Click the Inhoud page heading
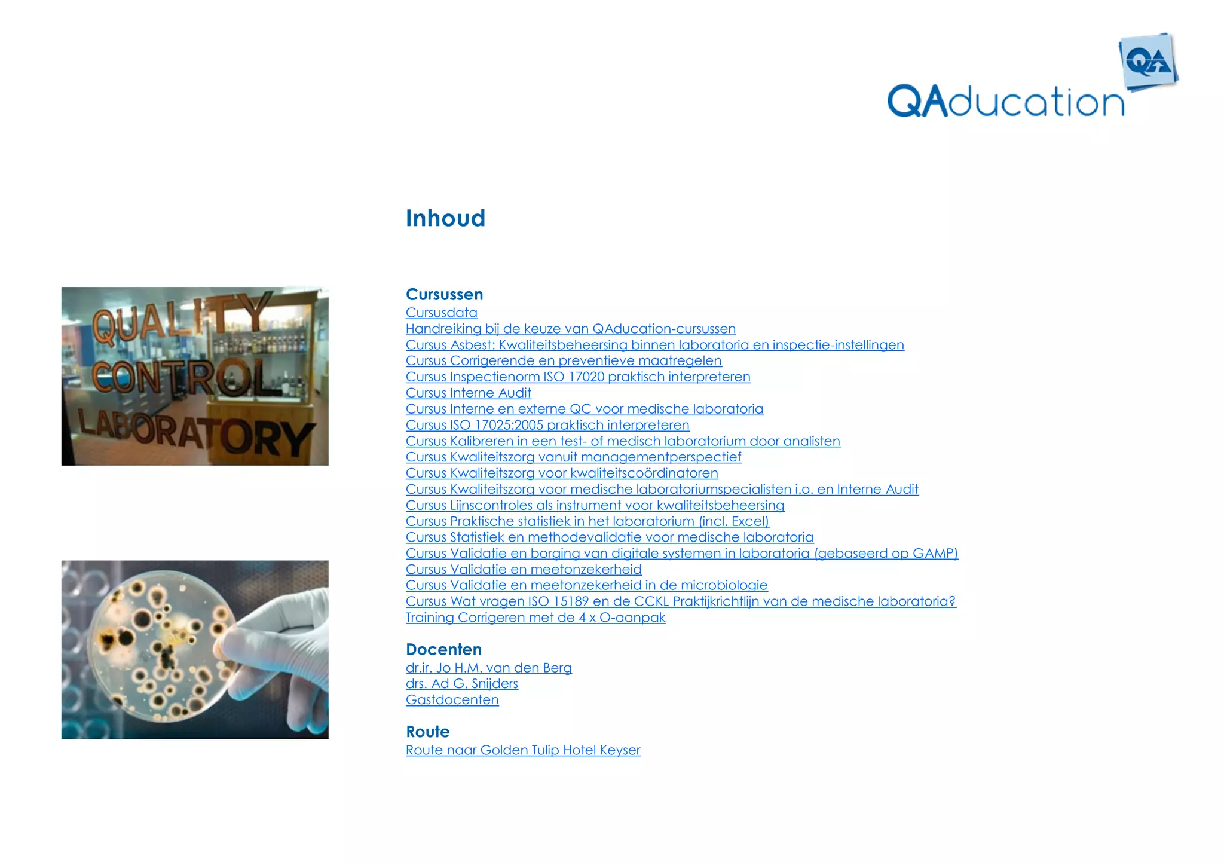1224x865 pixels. pos(445,219)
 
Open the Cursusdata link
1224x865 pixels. pos(441,313)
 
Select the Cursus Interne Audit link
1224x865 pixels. pos(468,393)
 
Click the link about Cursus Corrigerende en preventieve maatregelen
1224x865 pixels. pos(563,361)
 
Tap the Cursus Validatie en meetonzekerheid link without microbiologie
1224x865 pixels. pos(524,570)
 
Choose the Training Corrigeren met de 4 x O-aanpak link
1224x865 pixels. pos(535,618)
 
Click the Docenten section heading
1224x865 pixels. pos(443,650)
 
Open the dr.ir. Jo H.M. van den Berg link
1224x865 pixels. pos(488,668)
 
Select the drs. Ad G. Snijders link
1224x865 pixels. pos(461,684)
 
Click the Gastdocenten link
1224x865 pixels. pos(452,700)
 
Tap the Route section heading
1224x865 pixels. pos(427,732)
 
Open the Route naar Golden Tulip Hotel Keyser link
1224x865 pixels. pos(523,750)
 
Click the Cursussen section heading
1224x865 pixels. pos(444,295)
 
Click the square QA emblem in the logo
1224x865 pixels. pos(1148,62)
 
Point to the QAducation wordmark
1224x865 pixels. pos(1005,102)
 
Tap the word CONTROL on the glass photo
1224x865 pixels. pos(185,377)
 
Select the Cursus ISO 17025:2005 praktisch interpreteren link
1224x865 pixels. pos(547,425)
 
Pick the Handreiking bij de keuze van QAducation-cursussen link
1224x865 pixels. pos(570,329)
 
